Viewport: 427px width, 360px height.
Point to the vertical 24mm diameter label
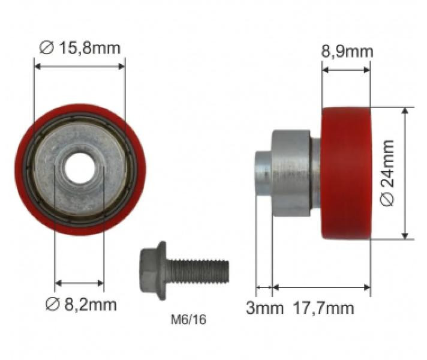(x=389, y=174)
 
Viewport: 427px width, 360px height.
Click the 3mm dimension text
(x=264, y=308)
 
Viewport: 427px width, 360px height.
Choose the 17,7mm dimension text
(x=323, y=308)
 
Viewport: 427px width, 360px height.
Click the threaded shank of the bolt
(x=198, y=270)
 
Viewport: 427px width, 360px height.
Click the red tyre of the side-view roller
(x=346, y=174)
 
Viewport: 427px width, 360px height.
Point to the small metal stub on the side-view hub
(x=263, y=174)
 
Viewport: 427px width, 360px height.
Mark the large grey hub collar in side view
(x=291, y=174)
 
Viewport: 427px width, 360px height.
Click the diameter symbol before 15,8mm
(x=45, y=47)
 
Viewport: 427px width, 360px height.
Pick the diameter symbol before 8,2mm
(x=52, y=305)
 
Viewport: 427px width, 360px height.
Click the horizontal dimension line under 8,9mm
(x=346, y=70)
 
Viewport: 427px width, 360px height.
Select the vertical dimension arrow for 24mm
(x=407, y=174)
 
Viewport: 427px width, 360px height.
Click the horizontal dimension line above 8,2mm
(x=79, y=282)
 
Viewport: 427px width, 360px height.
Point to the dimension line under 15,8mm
(x=79, y=67)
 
